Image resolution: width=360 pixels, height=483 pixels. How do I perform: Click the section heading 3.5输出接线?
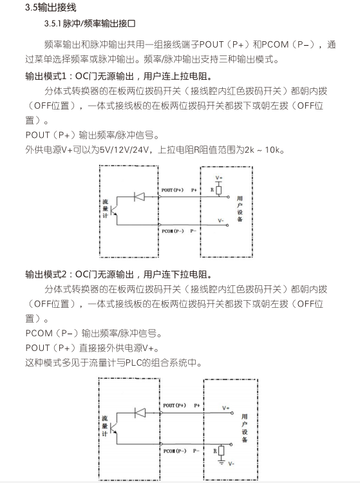click(x=50, y=7)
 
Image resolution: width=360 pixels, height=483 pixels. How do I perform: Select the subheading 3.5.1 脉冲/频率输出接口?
click(x=90, y=24)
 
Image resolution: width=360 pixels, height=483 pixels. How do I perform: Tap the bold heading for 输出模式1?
click(x=118, y=76)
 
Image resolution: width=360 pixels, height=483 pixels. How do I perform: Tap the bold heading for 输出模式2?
click(x=118, y=274)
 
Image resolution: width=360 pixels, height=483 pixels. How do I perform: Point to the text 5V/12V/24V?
click(x=124, y=150)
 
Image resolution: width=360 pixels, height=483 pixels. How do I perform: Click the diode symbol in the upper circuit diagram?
click(x=140, y=196)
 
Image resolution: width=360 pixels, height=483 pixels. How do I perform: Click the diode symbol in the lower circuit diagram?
click(x=140, y=413)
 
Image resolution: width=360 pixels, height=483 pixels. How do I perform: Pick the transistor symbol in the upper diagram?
click(x=113, y=211)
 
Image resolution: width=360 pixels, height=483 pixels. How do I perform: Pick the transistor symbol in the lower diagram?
click(x=114, y=427)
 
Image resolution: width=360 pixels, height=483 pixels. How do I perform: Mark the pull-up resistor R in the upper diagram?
click(x=219, y=190)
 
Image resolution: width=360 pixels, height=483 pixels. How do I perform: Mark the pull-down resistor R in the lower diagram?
click(x=221, y=451)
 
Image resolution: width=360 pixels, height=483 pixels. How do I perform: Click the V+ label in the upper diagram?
click(x=219, y=178)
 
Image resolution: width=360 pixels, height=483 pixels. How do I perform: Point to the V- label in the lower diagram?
click(x=231, y=464)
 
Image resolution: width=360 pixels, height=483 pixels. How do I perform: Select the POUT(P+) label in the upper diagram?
click(x=173, y=190)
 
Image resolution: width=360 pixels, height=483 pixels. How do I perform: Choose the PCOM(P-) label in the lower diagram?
click(x=175, y=451)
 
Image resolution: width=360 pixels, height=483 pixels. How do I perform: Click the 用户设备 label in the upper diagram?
click(x=240, y=209)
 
